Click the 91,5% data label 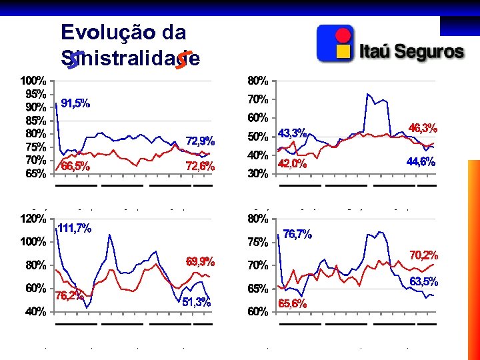[x=75, y=104]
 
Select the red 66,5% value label [x=75, y=167]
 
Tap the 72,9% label [x=200, y=141]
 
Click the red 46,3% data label [x=423, y=128]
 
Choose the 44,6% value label [x=420, y=161]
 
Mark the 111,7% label [x=74, y=228]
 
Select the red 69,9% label [x=200, y=261]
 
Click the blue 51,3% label [x=196, y=302]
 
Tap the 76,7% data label [x=297, y=234]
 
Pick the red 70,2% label [x=423, y=255]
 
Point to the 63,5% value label [x=423, y=282]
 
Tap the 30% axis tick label [x=258, y=174]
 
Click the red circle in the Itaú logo [x=343, y=35]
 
